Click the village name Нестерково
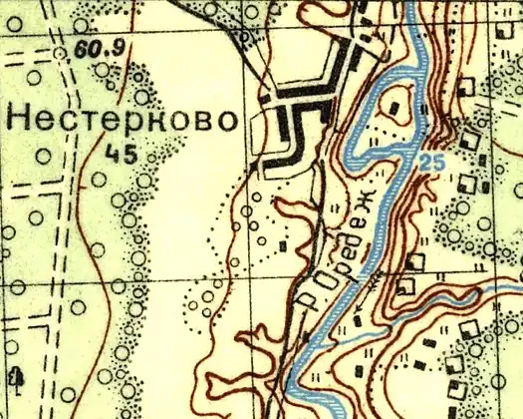[122, 119]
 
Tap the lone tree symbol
[15, 376]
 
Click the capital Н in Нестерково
[19, 119]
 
